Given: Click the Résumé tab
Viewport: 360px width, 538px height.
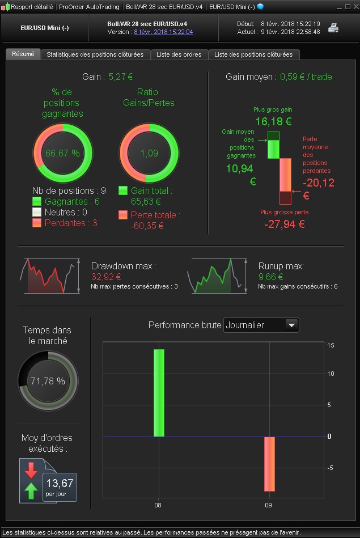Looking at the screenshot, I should [x=23, y=54].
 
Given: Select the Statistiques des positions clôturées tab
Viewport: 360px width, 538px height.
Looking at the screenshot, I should [x=95, y=54].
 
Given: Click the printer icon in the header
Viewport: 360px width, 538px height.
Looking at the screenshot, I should [x=333, y=28].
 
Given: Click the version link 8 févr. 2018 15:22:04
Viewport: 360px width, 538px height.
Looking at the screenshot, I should [x=163, y=32].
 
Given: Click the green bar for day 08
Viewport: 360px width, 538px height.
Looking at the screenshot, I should [x=159, y=392].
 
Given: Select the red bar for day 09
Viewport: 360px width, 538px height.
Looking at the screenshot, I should [x=269, y=464].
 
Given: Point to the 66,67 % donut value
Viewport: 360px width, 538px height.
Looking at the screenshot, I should [x=62, y=153].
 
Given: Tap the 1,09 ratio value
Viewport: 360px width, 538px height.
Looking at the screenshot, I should [x=149, y=153].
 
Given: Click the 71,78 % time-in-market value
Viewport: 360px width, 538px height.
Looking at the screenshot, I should [x=48, y=381].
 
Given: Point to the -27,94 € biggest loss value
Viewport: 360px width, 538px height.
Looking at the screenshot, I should [x=285, y=224].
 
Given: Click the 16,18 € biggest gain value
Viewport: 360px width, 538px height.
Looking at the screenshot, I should [x=273, y=121].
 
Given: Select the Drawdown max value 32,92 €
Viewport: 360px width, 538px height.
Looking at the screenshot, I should [x=107, y=277].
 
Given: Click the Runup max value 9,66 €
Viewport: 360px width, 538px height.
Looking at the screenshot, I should [x=271, y=277].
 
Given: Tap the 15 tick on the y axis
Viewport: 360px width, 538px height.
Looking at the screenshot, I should [x=331, y=345].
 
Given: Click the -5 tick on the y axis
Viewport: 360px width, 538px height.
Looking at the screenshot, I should [x=330, y=468].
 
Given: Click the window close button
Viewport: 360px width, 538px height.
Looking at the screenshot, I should [x=354, y=7].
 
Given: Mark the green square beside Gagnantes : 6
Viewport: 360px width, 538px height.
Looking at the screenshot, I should [x=37, y=201].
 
